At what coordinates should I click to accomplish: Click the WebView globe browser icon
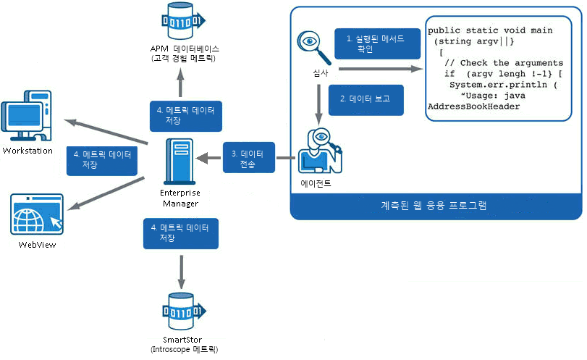click(x=36, y=214)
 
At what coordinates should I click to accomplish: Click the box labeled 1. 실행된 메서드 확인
click(x=377, y=43)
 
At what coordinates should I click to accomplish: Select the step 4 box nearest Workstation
click(x=101, y=159)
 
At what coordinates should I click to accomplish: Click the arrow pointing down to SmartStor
click(x=180, y=272)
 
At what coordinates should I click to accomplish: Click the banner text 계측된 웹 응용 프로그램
click(x=434, y=205)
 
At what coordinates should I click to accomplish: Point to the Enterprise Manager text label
click(x=180, y=198)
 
